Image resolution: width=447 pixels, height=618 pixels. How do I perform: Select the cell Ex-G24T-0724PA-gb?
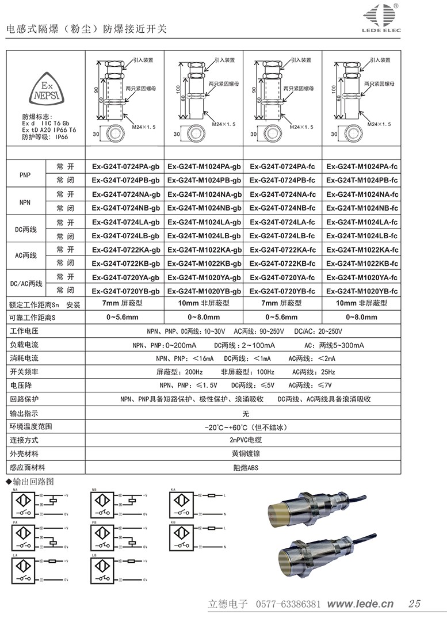click(x=126, y=167)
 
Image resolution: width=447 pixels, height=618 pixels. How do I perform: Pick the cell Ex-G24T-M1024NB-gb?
click(x=205, y=208)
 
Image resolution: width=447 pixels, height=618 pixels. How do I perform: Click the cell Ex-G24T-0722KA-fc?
click(x=282, y=249)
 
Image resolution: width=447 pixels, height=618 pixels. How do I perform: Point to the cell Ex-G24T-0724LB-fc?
click(x=282, y=236)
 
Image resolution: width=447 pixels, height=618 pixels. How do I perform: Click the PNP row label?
click(x=25, y=174)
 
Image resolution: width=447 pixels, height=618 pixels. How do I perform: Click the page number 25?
click(x=414, y=604)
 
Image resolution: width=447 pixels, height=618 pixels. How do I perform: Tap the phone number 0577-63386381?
click(x=287, y=604)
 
